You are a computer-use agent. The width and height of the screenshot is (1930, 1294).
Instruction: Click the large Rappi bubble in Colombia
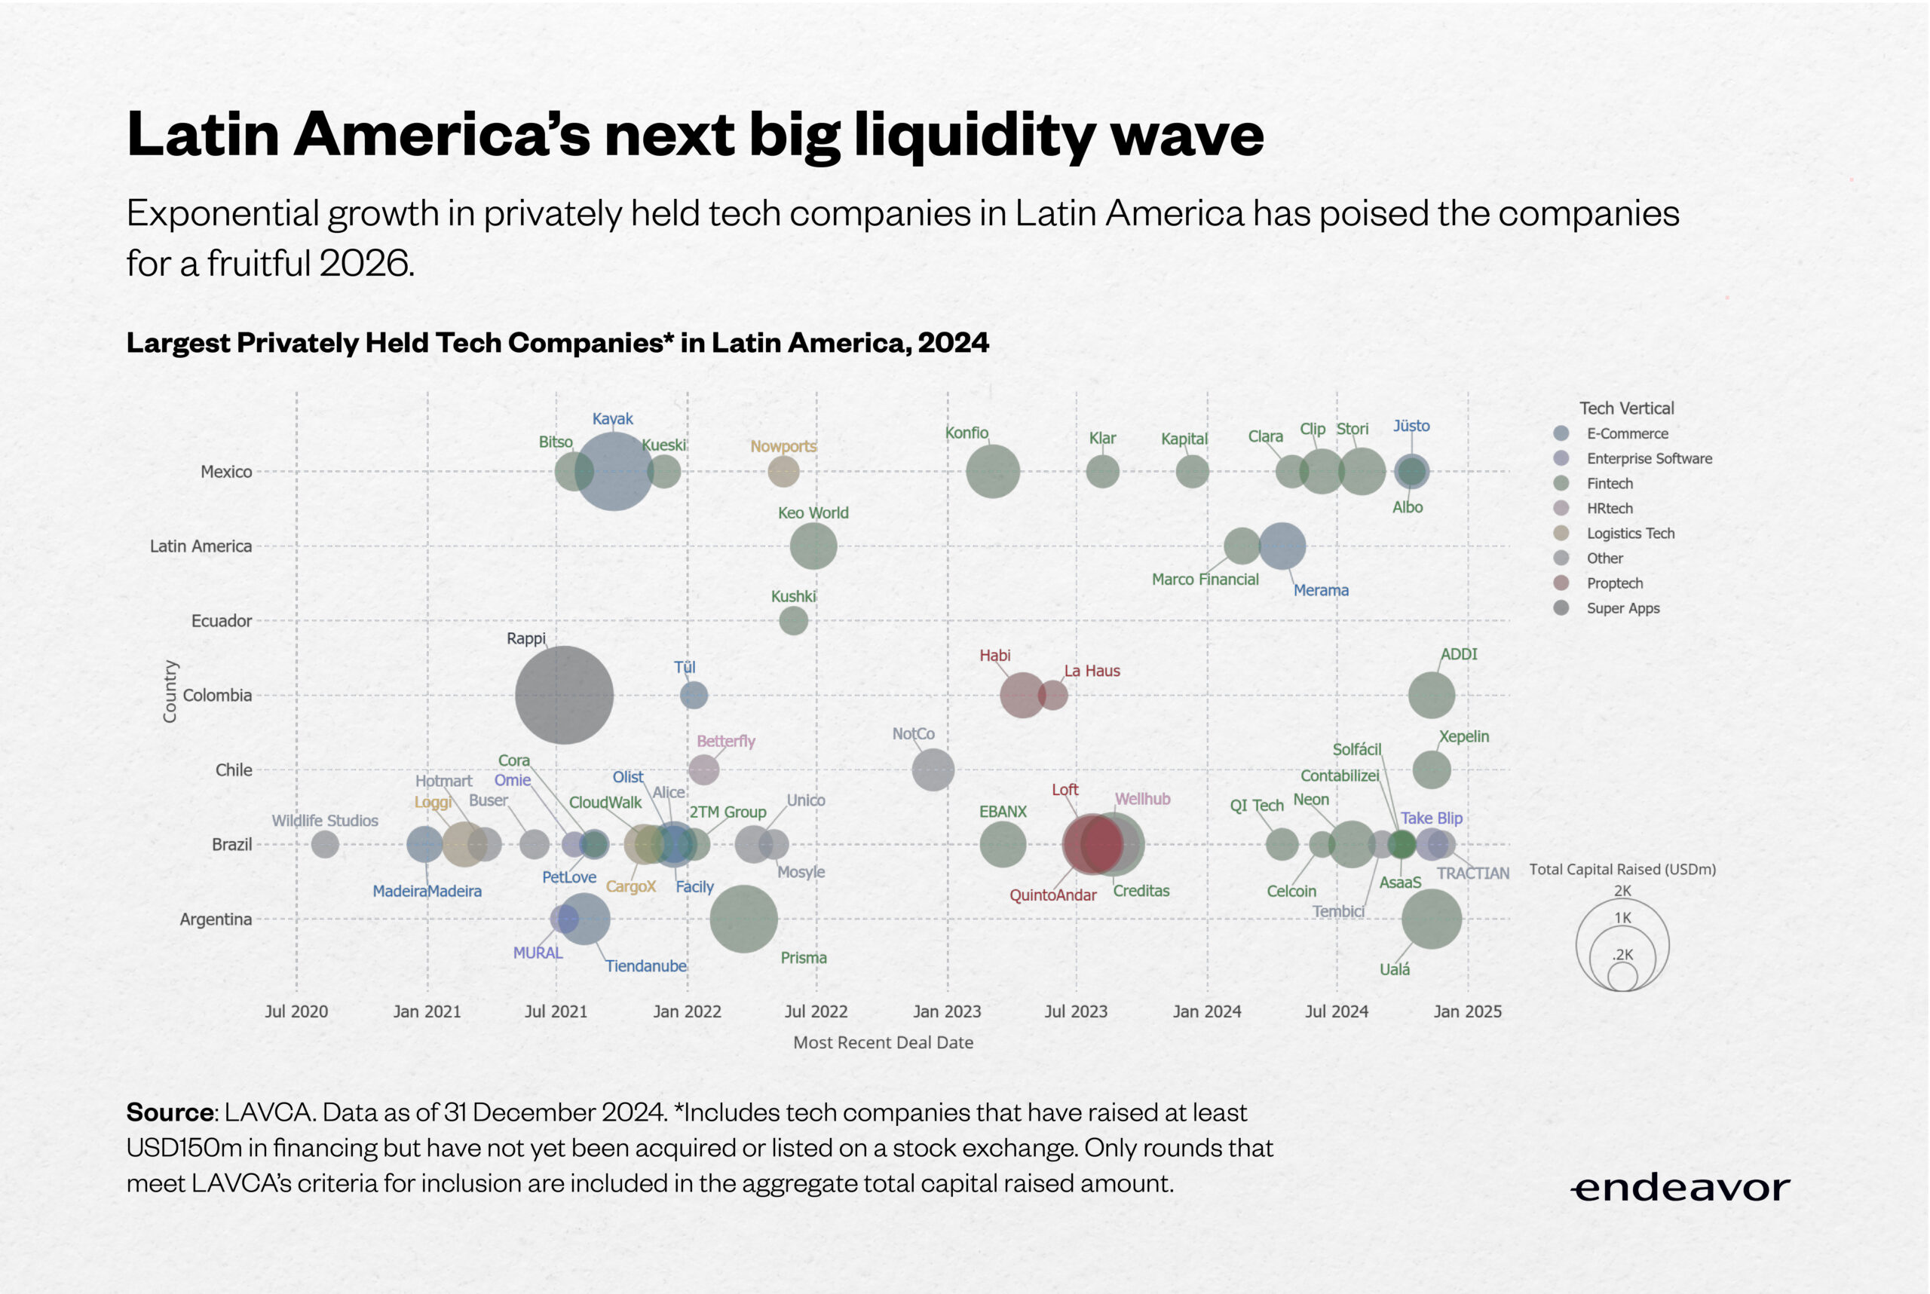pyautogui.click(x=564, y=695)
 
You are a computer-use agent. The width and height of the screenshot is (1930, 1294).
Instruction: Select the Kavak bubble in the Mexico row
pyautogui.click(x=614, y=471)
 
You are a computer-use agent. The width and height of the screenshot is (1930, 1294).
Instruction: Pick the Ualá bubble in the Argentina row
pyautogui.click(x=1432, y=919)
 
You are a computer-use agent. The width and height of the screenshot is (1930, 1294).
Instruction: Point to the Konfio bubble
pyautogui.click(x=992, y=471)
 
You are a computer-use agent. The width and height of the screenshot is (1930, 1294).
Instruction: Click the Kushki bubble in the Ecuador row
pyautogui.click(x=793, y=620)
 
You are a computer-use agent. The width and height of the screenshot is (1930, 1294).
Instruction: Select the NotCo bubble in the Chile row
pyautogui.click(x=933, y=769)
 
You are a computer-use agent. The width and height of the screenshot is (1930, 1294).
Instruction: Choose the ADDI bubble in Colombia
pyautogui.click(x=1432, y=695)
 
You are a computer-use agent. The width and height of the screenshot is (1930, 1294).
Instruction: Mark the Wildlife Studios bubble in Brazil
pyautogui.click(x=325, y=844)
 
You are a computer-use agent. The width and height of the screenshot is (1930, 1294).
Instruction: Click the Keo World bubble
pyautogui.click(x=813, y=546)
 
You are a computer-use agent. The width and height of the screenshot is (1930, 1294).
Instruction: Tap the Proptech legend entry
pyautogui.click(x=1614, y=583)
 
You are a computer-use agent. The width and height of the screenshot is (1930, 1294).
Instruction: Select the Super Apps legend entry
pyautogui.click(x=1622, y=608)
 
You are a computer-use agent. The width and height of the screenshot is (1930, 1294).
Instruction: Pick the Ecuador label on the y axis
pyautogui.click(x=221, y=620)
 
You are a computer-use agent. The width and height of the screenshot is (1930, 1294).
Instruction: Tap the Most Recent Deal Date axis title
pyautogui.click(x=884, y=1042)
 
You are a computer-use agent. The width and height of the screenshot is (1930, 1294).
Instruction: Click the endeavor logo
pyautogui.click(x=1680, y=1188)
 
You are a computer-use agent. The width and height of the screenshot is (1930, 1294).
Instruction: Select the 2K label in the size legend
pyautogui.click(x=1622, y=892)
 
